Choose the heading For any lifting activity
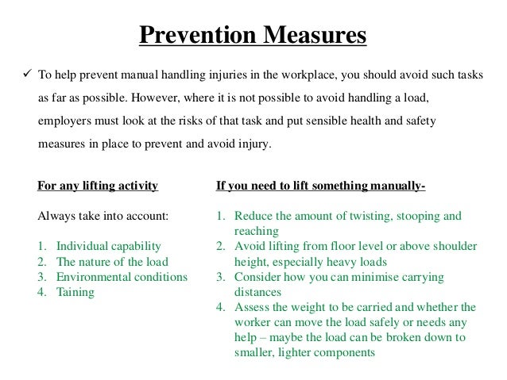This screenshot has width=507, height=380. click(98, 186)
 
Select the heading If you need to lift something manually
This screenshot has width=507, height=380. click(321, 186)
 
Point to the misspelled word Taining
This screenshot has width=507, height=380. click(74, 292)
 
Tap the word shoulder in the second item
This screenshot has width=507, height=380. click(453, 246)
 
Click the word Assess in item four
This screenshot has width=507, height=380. click(252, 307)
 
